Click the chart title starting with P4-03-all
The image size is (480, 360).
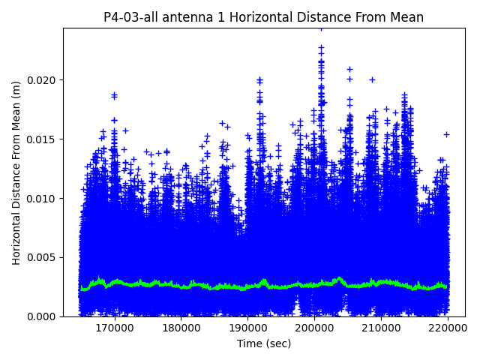[x=263, y=17]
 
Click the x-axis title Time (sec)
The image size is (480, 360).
[x=263, y=343]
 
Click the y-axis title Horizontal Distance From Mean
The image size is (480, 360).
[x=16, y=172]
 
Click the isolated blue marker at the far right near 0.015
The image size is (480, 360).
[x=446, y=134]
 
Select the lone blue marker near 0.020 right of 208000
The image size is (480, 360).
[x=372, y=79]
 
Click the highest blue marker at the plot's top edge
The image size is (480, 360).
[x=321, y=28]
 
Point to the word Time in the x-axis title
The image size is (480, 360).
[x=248, y=343]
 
